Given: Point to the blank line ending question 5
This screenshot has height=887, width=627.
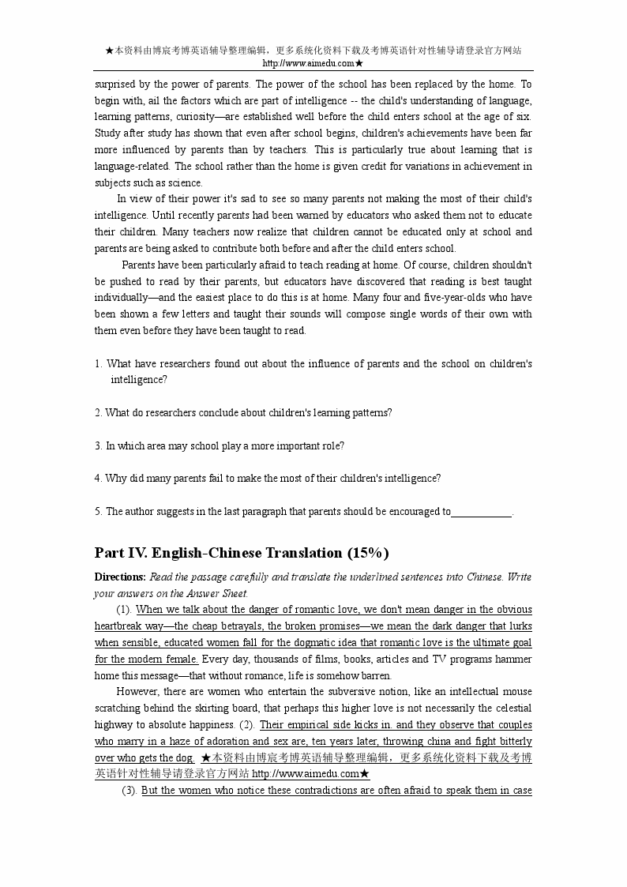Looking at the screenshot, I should [x=482, y=511].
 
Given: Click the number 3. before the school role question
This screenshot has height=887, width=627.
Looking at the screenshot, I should [x=99, y=445].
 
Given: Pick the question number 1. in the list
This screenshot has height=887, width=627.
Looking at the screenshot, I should [x=99, y=363].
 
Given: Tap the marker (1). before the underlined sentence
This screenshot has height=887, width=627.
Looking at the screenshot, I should [x=123, y=609].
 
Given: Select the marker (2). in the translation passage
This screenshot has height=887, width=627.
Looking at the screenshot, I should [x=247, y=724].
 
